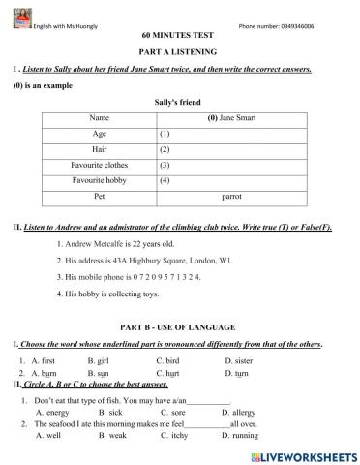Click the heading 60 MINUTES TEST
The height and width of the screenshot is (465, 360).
179,34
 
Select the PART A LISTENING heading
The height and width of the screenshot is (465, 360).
179,49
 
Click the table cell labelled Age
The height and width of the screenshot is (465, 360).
99,133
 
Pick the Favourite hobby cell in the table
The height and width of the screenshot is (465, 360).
100,179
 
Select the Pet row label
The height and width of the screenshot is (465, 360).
99,195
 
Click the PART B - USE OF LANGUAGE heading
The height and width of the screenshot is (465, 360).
180,327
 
